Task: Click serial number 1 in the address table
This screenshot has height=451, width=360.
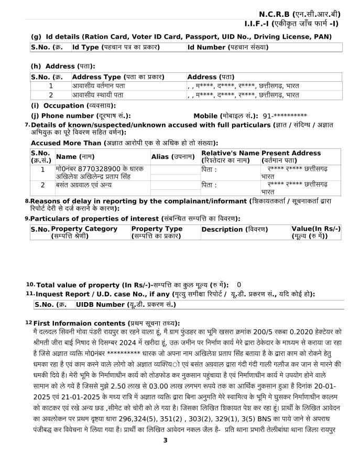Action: [x=51, y=85]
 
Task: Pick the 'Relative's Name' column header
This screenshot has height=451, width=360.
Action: [x=230, y=156]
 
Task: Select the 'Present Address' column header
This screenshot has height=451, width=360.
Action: [x=291, y=156]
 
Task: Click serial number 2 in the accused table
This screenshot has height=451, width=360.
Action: [x=43, y=185]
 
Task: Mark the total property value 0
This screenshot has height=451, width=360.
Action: [x=239, y=284]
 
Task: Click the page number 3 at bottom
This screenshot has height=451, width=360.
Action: [x=165, y=440]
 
